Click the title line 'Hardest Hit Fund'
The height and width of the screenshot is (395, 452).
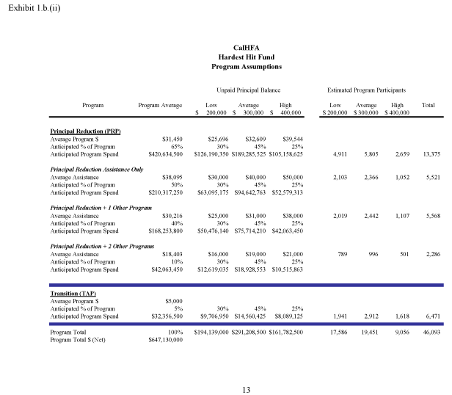coord(247,57)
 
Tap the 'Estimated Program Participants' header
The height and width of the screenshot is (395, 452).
coord(367,90)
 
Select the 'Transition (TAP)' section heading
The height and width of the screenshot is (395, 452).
coord(73,293)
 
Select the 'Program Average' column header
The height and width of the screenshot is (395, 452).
coord(160,106)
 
